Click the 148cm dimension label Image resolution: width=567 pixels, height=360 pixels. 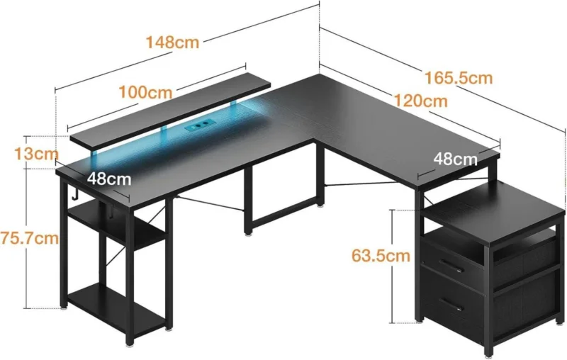click(x=172, y=43)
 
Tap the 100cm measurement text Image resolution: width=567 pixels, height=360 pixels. click(x=146, y=93)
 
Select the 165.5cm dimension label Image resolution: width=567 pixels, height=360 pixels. click(x=459, y=78)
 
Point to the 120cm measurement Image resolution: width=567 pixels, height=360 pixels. click(x=420, y=101)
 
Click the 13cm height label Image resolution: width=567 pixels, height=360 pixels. click(x=36, y=154)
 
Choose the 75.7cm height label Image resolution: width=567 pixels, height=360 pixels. click(x=29, y=238)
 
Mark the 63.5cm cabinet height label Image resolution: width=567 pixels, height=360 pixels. click(x=381, y=256)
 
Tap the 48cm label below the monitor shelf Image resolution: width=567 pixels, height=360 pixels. click(x=109, y=179)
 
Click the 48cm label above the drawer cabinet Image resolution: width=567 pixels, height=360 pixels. click(x=456, y=159)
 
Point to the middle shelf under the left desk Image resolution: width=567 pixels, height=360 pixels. click(x=116, y=220)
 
